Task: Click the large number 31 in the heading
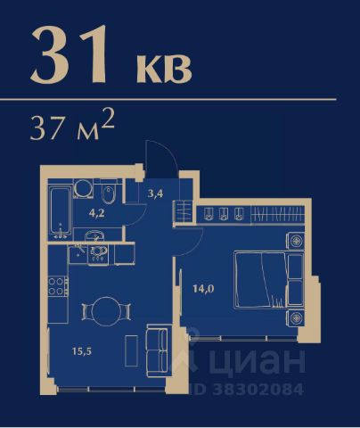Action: [69, 54]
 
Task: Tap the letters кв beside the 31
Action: [164, 69]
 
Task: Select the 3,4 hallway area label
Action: [155, 194]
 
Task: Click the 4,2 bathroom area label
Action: [97, 213]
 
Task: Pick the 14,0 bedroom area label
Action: [203, 288]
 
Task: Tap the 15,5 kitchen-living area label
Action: [82, 351]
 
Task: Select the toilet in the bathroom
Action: [109, 193]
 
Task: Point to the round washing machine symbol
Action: [84, 188]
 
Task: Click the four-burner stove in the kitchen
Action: [58, 286]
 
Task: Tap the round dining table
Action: [105, 311]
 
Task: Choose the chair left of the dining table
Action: [86, 311]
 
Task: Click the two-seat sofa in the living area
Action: [157, 351]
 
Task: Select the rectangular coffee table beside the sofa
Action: [131, 350]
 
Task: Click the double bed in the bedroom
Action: [261, 280]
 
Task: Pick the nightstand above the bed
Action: [296, 241]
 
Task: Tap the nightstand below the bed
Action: [296, 317]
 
